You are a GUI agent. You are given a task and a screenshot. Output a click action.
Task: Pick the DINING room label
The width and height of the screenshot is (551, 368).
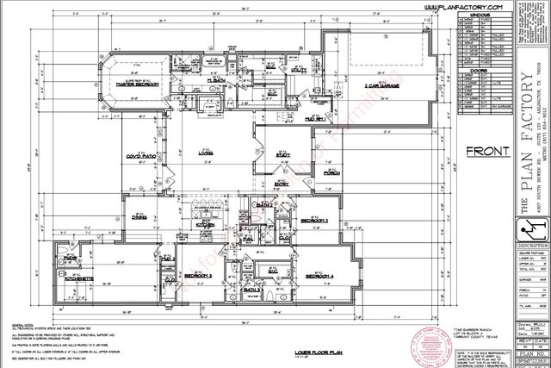pos(139,218)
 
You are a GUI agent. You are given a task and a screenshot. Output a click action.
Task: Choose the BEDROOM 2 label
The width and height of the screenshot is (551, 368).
pos(314,221)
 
